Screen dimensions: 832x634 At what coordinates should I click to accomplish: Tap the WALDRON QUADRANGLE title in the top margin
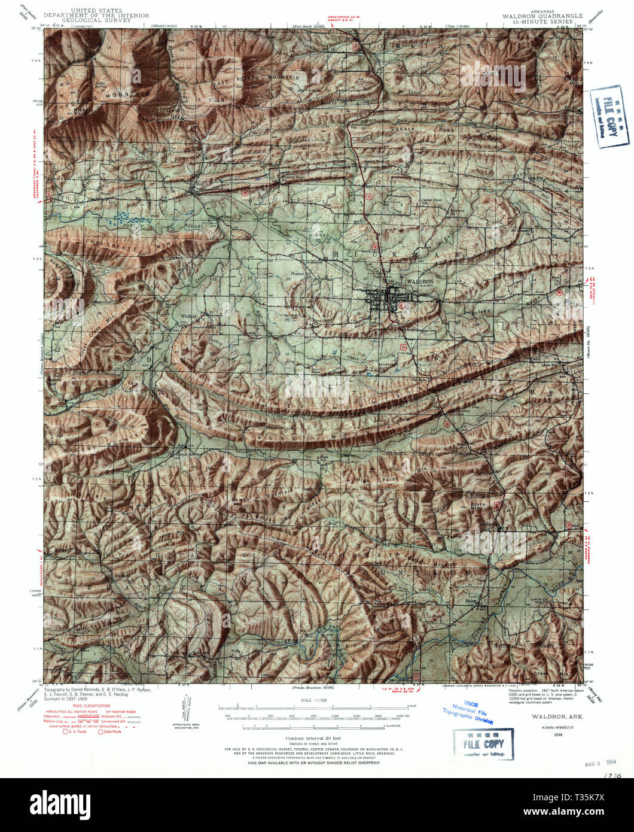click(537, 16)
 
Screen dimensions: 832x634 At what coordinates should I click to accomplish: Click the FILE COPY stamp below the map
click(483, 744)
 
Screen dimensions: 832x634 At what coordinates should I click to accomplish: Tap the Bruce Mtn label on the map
click(477, 505)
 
